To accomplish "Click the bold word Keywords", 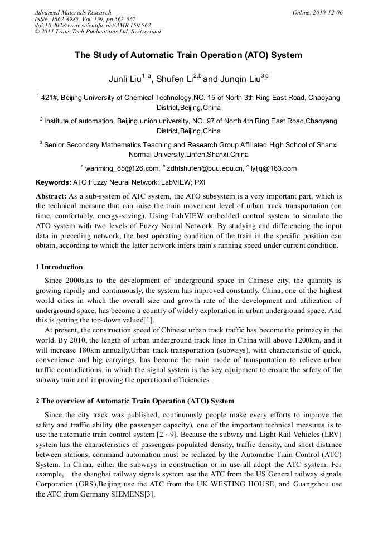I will click(x=53, y=182).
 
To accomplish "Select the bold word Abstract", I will click(x=51, y=196).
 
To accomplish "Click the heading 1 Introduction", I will click(x=59, y=267).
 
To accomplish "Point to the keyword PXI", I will click(x=200, y=182).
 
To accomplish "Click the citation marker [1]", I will click(x=148, y=320).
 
